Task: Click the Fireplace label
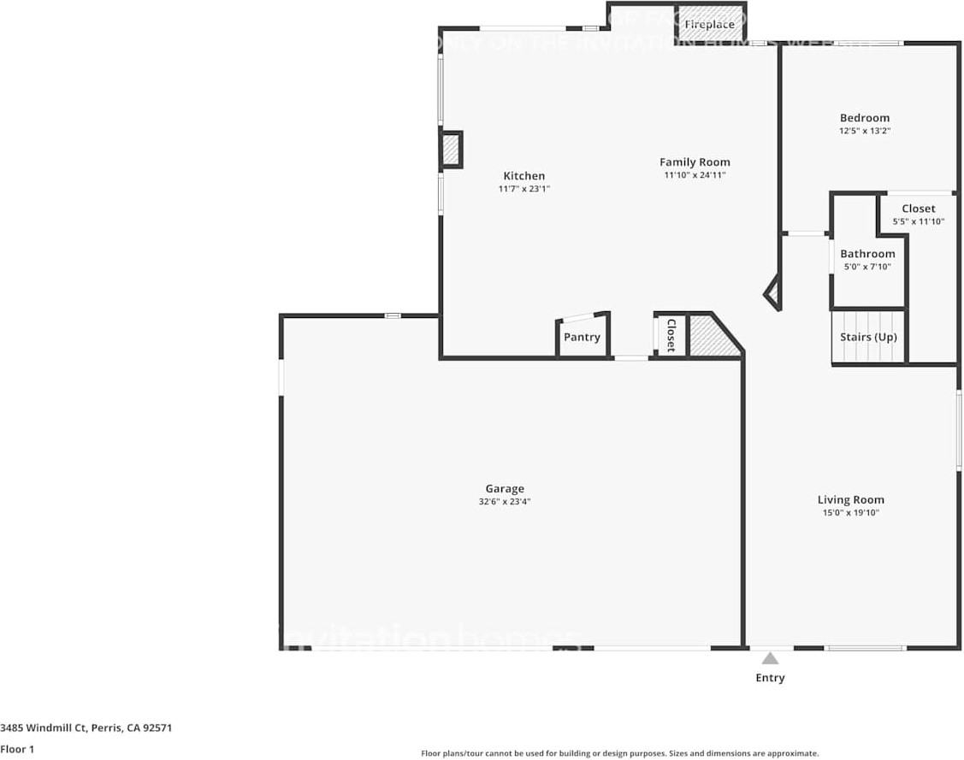tap(709, 25)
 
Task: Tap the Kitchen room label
tap(523, 176)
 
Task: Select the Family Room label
tap(695, 162)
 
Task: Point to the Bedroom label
tap(864, 118)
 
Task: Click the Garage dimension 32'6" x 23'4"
tap(505, 502)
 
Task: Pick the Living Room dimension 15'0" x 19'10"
tap(850, 513)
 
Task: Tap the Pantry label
tap(582, 337)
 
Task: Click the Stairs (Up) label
tap(868, 337)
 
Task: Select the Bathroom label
tap(867, 254)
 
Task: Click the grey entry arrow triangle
tap(770, 658)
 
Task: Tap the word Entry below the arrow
tap(770, 678)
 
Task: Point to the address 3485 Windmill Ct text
tap(86, 728)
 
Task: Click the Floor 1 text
tap(18, 749)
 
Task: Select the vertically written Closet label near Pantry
tap(671, 335)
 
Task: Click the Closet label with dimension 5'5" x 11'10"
tap(918, 209)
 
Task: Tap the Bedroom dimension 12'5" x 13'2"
tap(864, 132)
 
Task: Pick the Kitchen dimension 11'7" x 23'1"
tap(523, 189)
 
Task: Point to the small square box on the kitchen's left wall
tap(451, 150)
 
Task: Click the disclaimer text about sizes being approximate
tap(619, 753)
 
